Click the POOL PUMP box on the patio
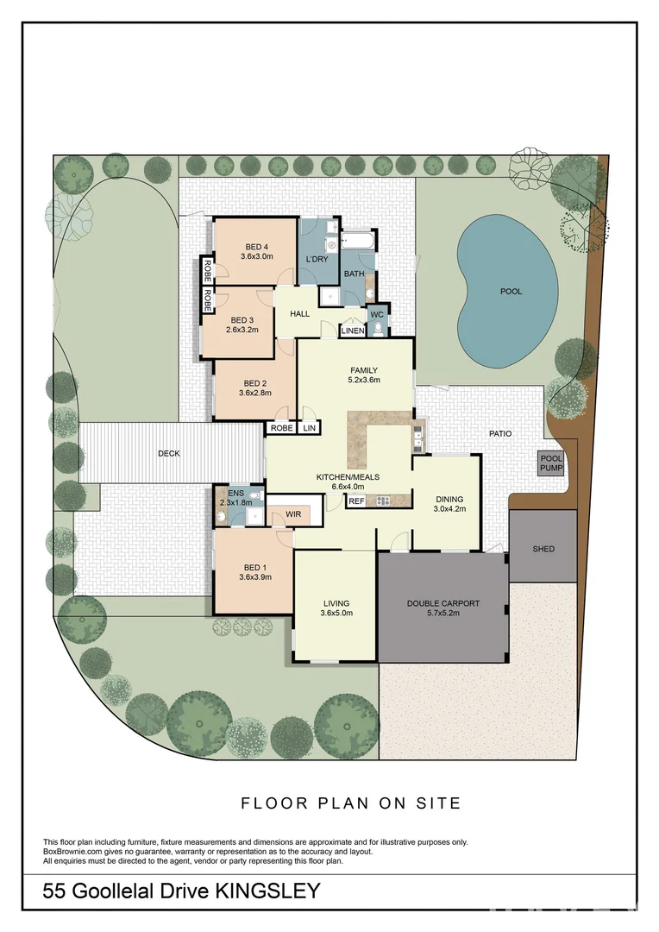coord(551,463)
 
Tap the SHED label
coord(543,549)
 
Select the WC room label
coord(377,314)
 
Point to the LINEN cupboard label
coord(353,331)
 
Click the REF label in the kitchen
coord(356,501)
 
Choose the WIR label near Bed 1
coord(293,514)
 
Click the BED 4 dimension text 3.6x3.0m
coord(257,257)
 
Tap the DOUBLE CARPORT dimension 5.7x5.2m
coord(442,613)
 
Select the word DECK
coord(169,454)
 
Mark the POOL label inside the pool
coord(511,292)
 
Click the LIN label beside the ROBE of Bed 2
coord(310,428)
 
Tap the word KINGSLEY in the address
coord(267,891)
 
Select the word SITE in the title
coord(438,803)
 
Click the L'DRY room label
coord(317,259)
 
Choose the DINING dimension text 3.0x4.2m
coord(449,509)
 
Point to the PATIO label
coord(500,434)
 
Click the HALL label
coord(299,313)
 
